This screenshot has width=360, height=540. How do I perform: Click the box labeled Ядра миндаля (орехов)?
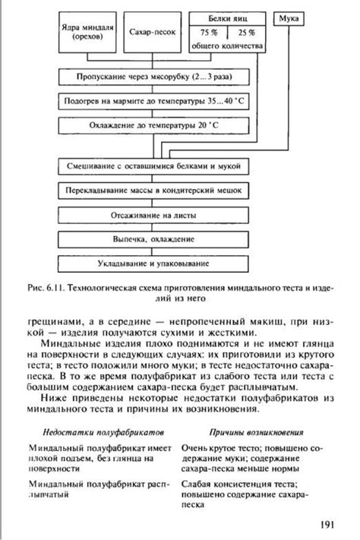[x=87, y=31]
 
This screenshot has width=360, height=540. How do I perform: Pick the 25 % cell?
[x=247, y=33]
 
